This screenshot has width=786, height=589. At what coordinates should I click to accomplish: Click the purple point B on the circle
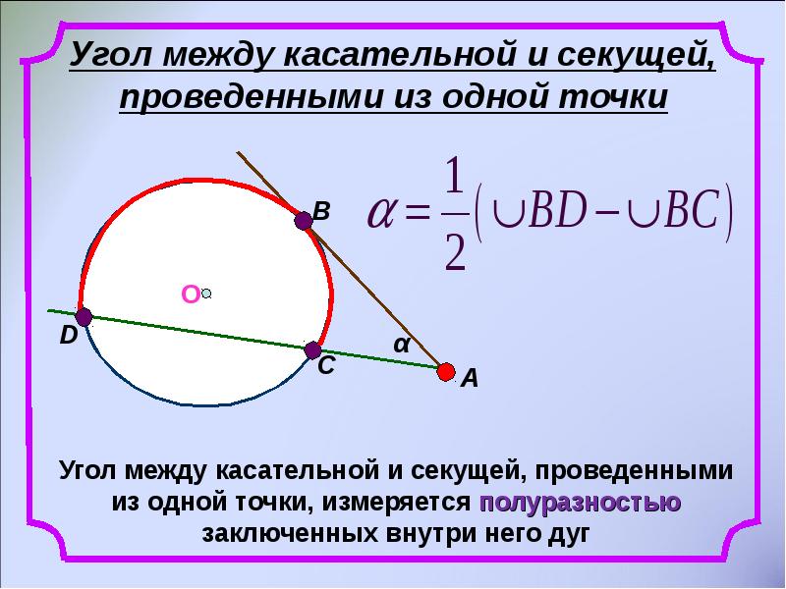(304, 223)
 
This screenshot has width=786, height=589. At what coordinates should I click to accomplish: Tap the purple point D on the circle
(84, 317)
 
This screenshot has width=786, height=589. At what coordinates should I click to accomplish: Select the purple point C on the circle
(313, 349)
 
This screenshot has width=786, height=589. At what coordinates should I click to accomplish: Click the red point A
(446, 371)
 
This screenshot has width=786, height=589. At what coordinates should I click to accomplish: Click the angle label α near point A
(401, 346)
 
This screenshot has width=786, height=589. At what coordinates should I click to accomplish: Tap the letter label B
(321, 211)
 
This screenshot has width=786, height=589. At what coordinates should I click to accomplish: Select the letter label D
(67, 337)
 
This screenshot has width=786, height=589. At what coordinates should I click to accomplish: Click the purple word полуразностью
(581, 502)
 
